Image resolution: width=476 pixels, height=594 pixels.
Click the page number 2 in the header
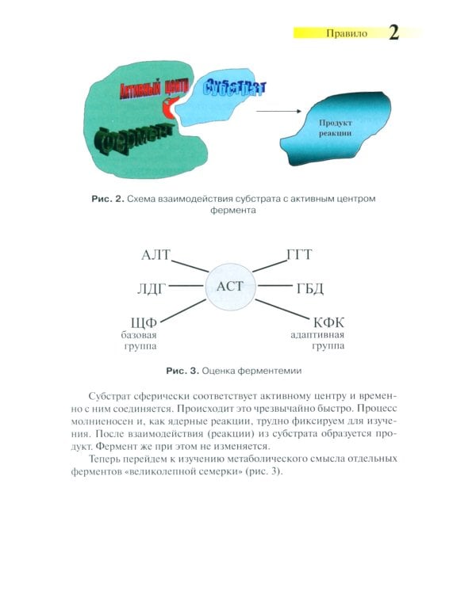pyautogui.click(x=393, y=32)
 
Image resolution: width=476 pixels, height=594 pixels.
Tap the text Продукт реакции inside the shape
pyautogui.click(x=335, y=129)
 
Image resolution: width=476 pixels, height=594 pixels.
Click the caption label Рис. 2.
pyautogui.click(x=107, y=199)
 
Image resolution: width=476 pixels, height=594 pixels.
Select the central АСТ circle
pyautogui.click(x=230, y=286)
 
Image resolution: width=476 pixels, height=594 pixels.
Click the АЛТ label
pyautogui.click(x=156, y=255)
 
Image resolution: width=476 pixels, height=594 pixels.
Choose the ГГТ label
pyautogui.click(x=299, y=255)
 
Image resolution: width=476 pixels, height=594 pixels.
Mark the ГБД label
pyautogui.click(x=309, y=287)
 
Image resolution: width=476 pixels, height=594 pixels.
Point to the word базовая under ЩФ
pyautogui.click(x=140, y=335)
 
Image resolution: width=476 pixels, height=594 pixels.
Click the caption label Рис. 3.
pyautogui.click(x=182, y=370)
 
